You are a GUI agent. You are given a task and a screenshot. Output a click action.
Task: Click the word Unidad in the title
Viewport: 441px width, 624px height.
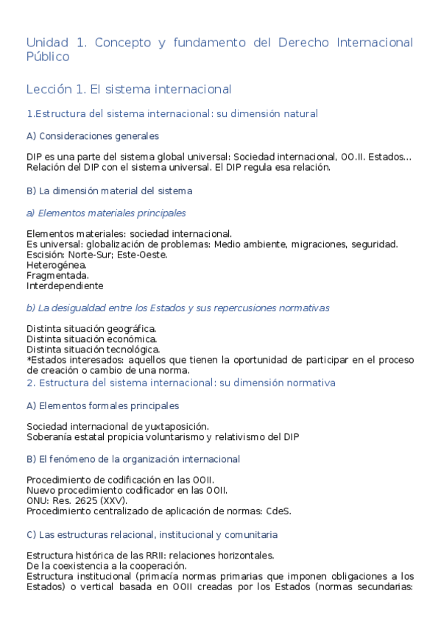pos(47,43)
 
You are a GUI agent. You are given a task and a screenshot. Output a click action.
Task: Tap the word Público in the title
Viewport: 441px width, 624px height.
pos(48,57)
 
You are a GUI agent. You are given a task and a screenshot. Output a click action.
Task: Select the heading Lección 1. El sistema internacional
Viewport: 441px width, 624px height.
pos(129,89)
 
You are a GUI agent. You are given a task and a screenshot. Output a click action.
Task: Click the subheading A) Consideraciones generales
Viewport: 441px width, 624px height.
pos(92,136)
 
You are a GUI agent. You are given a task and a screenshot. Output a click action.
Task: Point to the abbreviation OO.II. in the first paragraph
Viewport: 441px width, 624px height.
pos(352,157)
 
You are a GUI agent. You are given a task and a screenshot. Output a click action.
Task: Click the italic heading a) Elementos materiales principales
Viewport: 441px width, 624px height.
pos(106,213)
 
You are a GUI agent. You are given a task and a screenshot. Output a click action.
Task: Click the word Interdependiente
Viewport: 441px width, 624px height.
pos(65,286)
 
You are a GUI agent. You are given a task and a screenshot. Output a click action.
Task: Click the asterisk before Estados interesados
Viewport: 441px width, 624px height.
pos(29,359)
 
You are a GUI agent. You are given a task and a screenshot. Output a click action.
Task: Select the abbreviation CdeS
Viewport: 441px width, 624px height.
pos(278,511)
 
